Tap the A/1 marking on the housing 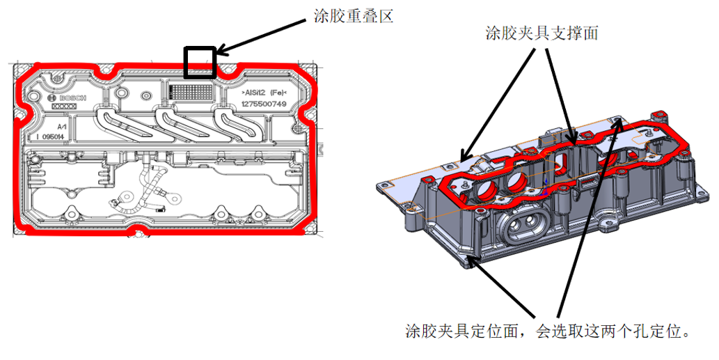click(x=62, y=126)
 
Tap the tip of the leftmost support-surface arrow click(x=462, y=157)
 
